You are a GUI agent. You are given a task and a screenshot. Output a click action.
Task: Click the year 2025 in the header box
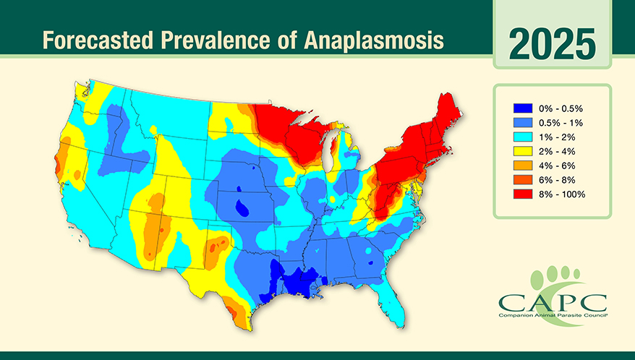click(552, 44)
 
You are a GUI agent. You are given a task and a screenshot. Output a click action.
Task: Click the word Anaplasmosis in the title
click(373, 40)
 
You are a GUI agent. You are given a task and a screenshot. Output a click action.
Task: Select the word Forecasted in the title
click(98, 40)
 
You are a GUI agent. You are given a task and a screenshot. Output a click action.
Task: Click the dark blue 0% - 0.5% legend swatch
click(523, 108)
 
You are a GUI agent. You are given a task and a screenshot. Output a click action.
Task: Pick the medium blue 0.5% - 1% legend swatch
click(523, 123)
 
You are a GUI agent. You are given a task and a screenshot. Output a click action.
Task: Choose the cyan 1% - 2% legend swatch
click(523, 137)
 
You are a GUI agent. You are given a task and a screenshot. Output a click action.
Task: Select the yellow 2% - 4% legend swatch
click(523, 152)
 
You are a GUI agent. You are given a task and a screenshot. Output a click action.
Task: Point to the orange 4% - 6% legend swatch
click(523, 166)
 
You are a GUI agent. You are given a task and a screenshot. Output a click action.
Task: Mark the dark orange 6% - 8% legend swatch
click(523, 180)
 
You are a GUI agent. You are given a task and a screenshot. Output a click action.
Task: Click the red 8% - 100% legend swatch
click(523, 194)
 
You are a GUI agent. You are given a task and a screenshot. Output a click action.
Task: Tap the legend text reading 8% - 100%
click(562, 194)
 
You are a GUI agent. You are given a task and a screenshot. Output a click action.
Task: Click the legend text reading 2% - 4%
click(557, 152)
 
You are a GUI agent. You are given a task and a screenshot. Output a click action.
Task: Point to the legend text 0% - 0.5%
click(561, 108)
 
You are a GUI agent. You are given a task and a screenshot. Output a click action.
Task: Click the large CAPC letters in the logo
click(553, 302)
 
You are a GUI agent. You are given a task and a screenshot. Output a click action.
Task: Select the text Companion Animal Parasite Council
click(553, 315)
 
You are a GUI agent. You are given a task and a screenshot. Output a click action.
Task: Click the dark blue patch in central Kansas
click(242, 208)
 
